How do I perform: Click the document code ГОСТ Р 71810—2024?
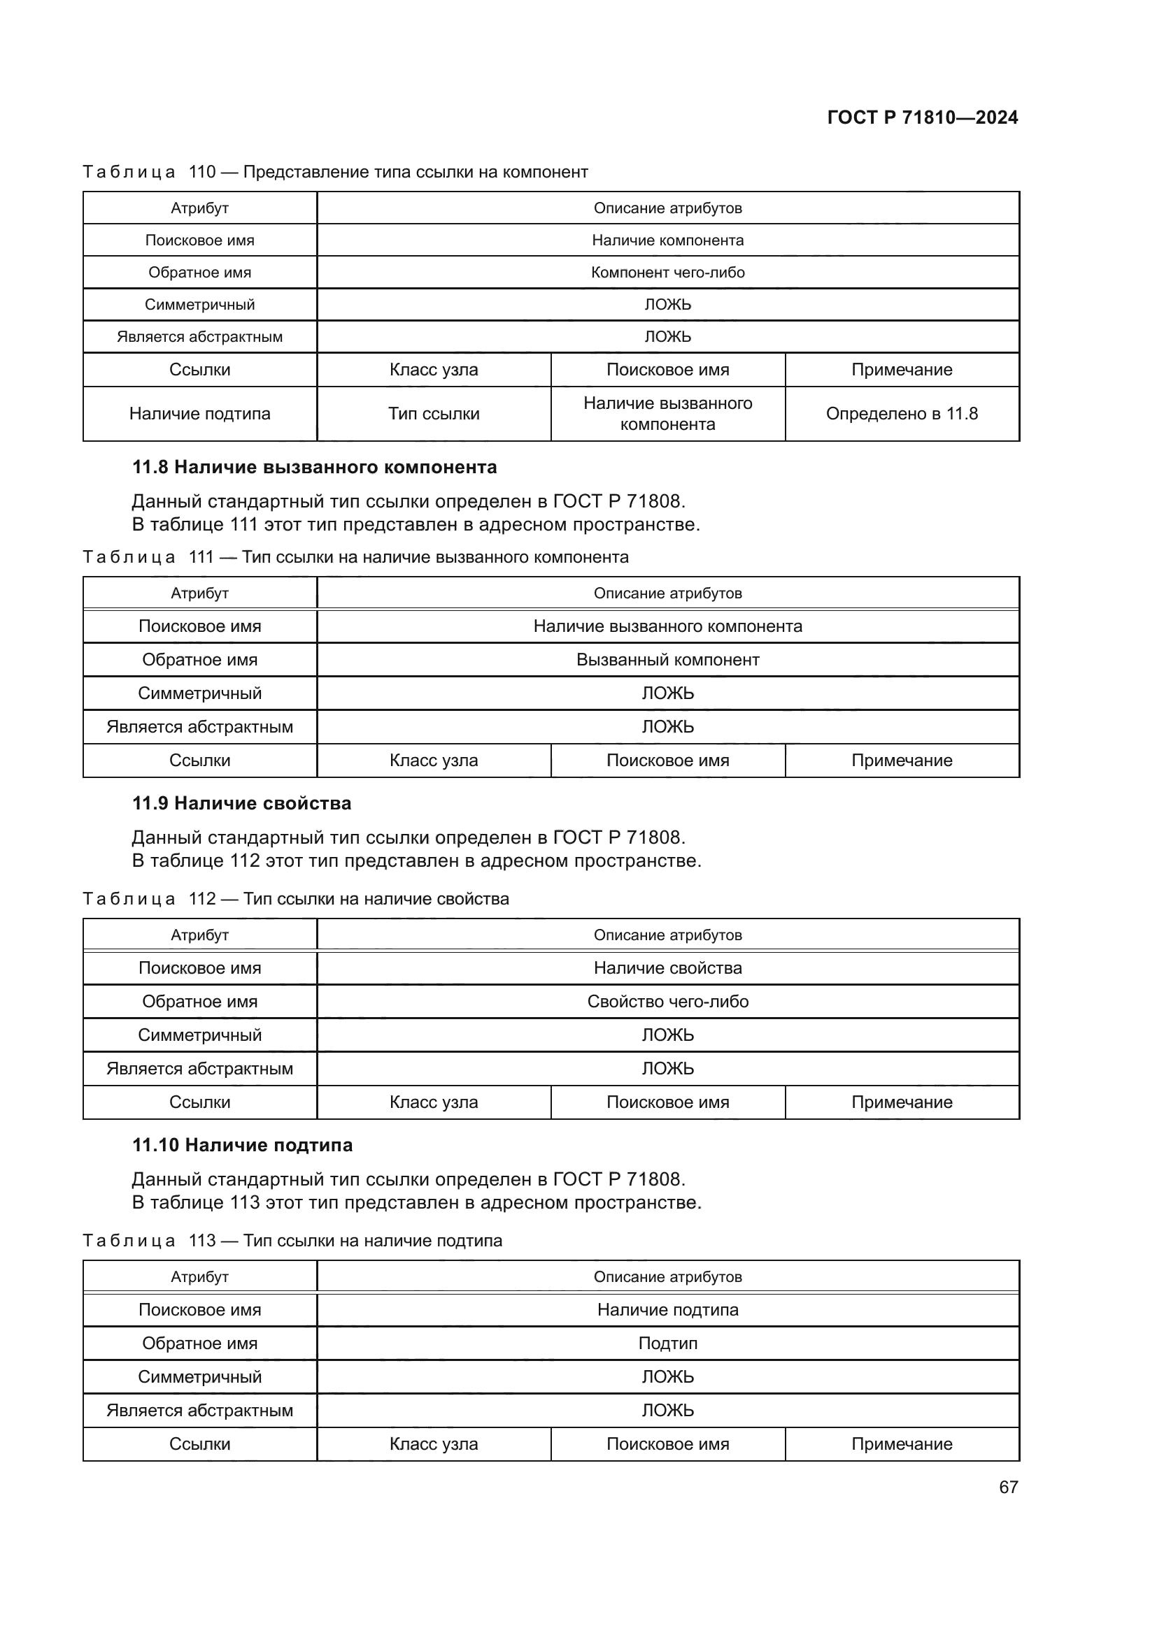click(922, 117)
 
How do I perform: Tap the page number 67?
click(1008, 1487)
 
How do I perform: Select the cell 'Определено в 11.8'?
click(901, 414)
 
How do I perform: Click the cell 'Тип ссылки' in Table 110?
click(433, 414)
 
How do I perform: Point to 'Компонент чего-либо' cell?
click(667, 273)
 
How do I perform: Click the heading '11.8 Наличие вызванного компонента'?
click(314, 467)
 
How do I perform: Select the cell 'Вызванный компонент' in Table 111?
click(667, 660)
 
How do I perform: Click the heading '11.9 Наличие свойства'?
click(241, 803)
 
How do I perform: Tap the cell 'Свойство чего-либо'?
click(667, 1002)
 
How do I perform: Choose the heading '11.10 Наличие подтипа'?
click(242, 1145)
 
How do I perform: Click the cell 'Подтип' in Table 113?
click(667, 1344)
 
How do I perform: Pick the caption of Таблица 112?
click(296, 899)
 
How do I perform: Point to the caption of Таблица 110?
click(335, 173)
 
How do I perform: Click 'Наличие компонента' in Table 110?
click(667, 240)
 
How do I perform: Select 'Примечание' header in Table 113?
click(901, 1444)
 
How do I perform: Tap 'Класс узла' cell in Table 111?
click(433, 761)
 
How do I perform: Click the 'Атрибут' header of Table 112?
click(199, 935)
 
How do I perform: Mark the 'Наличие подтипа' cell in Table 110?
click(199, 414)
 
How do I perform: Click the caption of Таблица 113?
click(292, 1241)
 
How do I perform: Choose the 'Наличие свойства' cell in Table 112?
click(667, 968)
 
